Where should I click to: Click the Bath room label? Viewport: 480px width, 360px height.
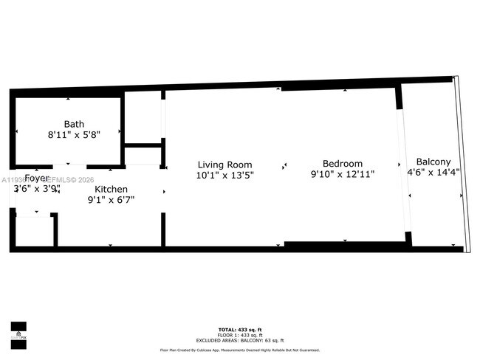click(74, 124)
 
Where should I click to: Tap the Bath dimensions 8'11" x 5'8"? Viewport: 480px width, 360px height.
click(74, 135)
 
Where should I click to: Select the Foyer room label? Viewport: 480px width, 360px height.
click(37, 179)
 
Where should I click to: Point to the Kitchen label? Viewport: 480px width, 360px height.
click(111, 190)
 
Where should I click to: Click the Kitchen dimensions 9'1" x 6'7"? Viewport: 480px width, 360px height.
click(111, 199)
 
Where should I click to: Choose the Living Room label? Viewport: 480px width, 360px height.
click(224, 165)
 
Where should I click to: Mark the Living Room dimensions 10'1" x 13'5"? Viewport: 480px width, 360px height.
click(224, 175)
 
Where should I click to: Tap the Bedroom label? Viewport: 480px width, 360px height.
click(343, 164)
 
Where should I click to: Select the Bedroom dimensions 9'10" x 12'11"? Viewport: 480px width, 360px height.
click(343, 175)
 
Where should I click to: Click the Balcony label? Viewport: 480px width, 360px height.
click(433, 162)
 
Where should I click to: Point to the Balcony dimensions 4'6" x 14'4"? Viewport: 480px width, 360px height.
click(433, 172)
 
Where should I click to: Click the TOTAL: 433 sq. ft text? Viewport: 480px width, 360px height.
click(239, 328)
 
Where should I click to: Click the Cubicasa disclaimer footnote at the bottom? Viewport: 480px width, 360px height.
click(239, 350)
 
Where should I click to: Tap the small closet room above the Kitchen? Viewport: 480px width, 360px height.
click(143, 156)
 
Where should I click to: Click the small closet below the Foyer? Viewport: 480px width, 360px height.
click(34, 231)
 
